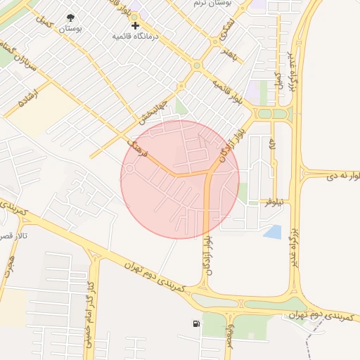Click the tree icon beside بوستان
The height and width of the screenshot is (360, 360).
71,18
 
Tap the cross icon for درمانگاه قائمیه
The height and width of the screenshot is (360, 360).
135,25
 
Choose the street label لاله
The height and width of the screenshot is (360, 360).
271,145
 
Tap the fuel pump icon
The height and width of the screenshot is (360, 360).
195,324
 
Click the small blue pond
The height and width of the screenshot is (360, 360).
273,231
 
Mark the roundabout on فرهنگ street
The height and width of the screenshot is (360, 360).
129,169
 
